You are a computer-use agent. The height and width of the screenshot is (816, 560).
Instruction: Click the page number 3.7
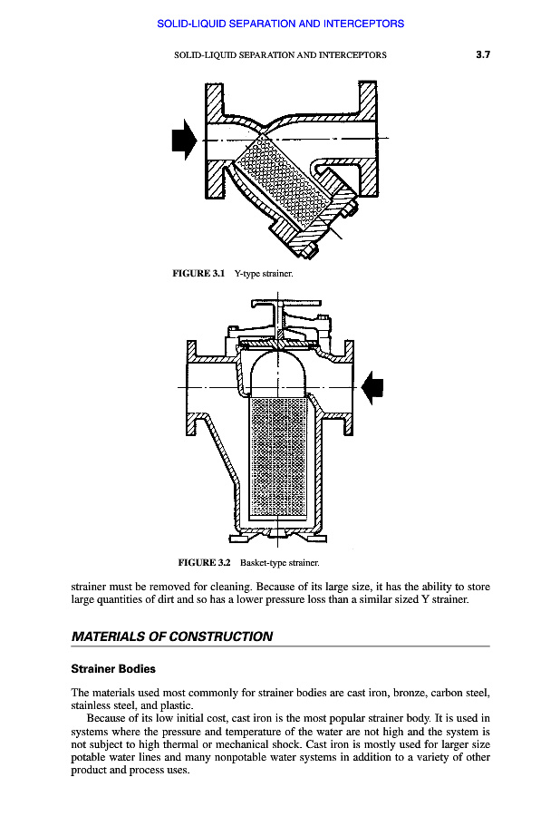coord(482,54)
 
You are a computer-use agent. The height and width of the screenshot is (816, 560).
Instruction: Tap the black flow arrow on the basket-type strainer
coord(372,387)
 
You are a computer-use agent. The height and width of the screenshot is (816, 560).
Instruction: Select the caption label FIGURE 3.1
coord(198,273)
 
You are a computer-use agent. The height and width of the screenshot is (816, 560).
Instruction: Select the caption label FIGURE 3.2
coord(205,563)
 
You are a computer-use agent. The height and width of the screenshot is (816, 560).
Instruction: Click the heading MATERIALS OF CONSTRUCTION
coord(171,636)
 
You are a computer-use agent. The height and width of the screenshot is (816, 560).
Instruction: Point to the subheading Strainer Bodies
coord(113,669)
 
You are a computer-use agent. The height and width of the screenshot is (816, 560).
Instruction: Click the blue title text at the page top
coord(280,24)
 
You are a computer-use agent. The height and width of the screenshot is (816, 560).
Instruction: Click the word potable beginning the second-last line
coord(89,758)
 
